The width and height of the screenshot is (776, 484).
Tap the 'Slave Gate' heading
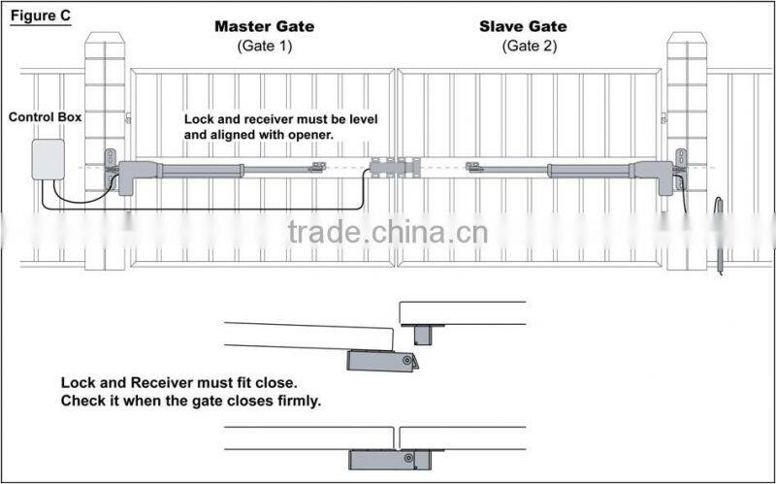click(x=523, y=26)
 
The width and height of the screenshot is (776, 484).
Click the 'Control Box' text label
click(x=45, y=117)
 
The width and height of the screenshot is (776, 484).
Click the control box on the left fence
click(x=48, y=159)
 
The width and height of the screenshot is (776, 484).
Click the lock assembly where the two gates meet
click(x=395, y=168)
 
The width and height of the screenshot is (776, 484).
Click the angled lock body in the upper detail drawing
click(x=384, y=362)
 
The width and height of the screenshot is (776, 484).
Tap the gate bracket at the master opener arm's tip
click(x=315, y=169)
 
